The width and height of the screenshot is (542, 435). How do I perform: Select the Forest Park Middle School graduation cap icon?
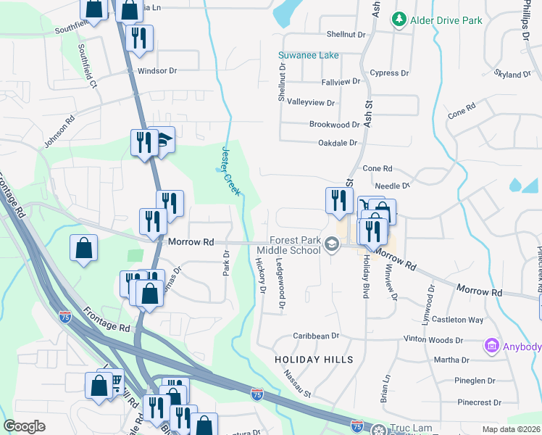332,244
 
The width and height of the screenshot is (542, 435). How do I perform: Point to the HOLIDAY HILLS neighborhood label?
314,360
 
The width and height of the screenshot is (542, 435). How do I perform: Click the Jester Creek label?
230,171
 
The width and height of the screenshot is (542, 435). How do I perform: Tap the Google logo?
24,426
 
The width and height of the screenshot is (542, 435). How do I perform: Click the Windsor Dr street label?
157,71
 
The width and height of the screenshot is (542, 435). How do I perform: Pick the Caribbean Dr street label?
316,336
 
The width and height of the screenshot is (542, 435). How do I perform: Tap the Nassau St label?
297,384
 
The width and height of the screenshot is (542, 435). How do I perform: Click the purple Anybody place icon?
493,347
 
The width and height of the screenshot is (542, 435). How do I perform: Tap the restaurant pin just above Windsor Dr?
139,38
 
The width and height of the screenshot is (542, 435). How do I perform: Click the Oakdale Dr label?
338,143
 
